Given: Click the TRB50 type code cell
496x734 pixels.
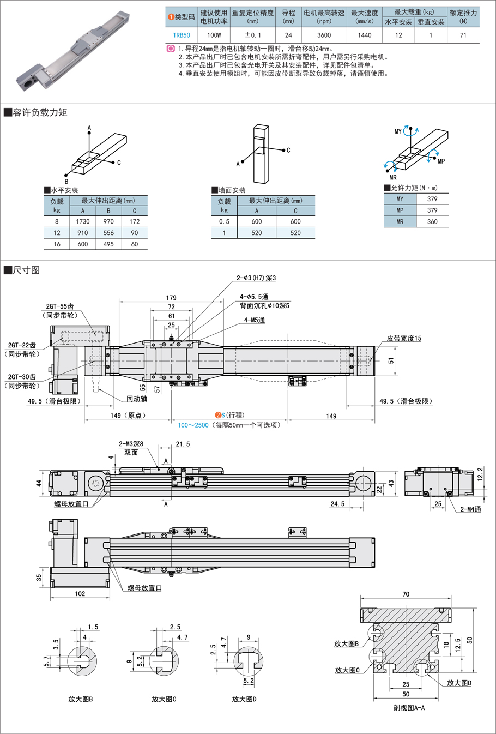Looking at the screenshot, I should [x=182, y=35].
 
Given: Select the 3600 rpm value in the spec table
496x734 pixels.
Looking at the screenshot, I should [x=324, y=35].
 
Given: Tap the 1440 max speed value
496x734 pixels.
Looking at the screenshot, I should [x=365, y=35].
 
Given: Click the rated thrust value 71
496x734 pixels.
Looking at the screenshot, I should [x=463, y=35].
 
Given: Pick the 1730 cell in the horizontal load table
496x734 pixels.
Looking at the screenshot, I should [x=83, y=222].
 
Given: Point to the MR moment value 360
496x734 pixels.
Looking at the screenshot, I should [x=432, y=222].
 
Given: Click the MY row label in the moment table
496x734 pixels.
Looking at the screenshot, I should [x=400, y=199].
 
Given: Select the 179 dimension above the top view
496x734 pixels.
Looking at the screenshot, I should [x=171, y=298].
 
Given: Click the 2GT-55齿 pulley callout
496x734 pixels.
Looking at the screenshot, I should [x=60, y=307].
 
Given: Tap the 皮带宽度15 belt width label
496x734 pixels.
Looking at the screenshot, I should [x=404, y=339].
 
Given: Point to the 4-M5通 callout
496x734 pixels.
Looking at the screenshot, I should [x=255, y=320].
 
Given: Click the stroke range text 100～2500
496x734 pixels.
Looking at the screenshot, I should [x=193, y=425].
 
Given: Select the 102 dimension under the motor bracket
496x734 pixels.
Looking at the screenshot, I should [x=80, y=594].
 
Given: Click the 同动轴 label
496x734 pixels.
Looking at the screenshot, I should [x=137, y=399].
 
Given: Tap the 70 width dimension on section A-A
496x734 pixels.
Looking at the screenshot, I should [x=406, y=594].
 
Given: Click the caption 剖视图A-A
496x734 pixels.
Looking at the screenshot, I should [x=409, y=708].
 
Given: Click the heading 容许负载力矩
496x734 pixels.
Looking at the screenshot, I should [x=40, y=112].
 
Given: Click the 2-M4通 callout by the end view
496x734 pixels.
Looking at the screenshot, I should [x=470, y=509].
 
